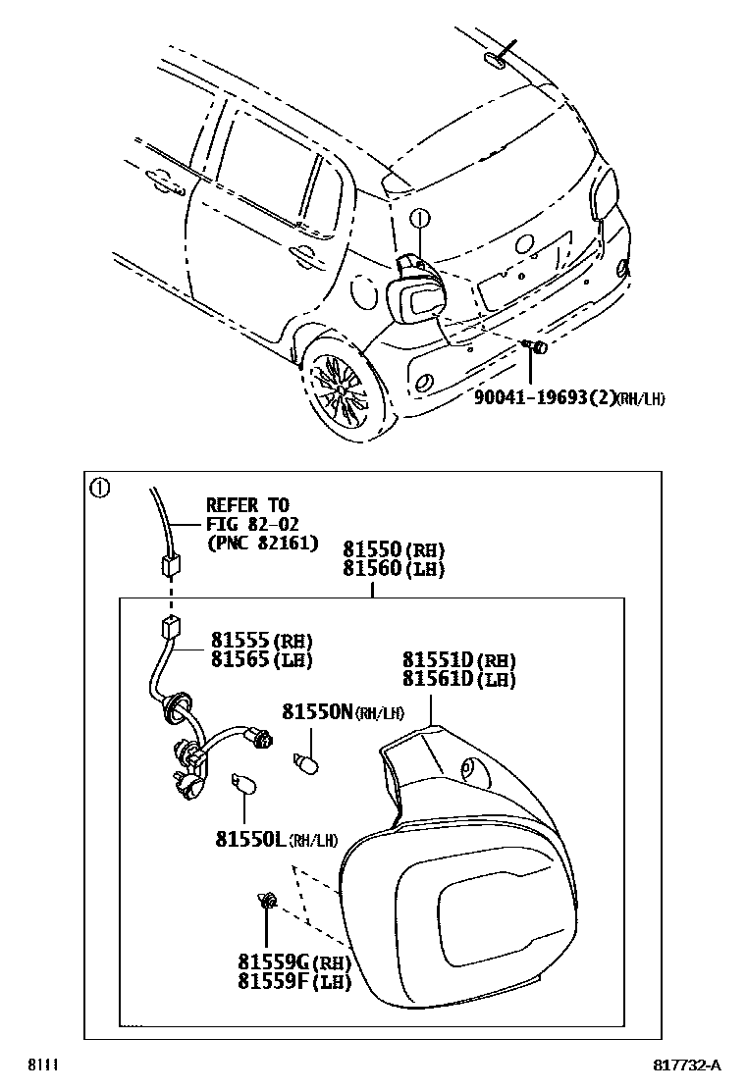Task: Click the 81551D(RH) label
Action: (x=458, y=660)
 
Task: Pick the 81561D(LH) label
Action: (x=458, y=679)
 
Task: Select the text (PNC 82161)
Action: (x=261, y=543)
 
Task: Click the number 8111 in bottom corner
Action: (x=41, y=1065)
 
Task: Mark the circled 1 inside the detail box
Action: (x=99, y=487)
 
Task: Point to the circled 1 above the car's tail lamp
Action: (x=419, y=219)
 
